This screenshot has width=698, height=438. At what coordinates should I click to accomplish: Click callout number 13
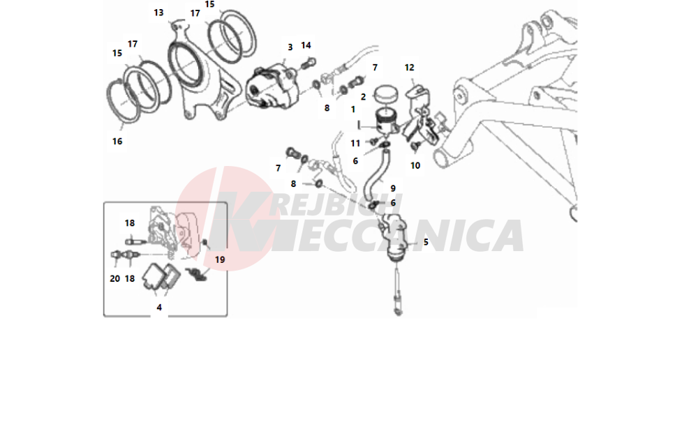tap(158, 13)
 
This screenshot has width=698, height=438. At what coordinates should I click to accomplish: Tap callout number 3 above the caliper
tap(290, 47)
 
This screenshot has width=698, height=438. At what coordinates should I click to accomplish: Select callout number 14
tap(306, 45)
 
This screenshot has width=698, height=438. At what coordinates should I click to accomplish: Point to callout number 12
tap(410, 68)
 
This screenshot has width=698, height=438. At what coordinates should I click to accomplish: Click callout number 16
tap(117, 142)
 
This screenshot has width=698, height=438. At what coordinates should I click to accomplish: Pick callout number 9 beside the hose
tap(393, 188)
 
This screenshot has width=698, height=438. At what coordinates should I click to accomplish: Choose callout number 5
tap(426, 242)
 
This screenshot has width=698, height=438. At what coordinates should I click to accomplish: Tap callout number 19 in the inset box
tap(220, 259)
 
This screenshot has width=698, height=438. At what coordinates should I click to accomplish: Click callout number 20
tap(115, 279)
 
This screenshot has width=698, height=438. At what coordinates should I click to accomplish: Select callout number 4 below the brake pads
tap(159, 308)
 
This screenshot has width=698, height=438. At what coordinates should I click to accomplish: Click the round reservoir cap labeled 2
tap(385, 94)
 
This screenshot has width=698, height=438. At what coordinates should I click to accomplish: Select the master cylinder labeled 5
tap(394, 236)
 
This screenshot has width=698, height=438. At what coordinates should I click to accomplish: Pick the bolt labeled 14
tap(309, 63)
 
